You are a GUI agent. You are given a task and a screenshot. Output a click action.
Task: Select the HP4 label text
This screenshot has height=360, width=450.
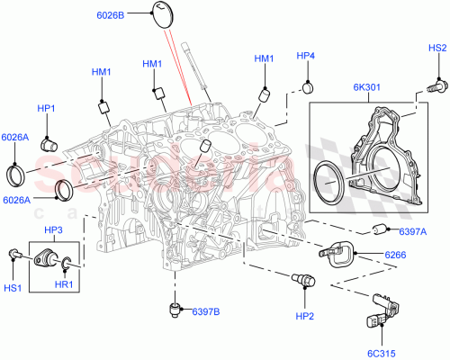pos(307,56)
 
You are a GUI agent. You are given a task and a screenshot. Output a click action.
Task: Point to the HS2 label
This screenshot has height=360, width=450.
pos(436,48)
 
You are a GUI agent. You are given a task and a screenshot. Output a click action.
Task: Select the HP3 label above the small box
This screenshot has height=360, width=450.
pos(54,229)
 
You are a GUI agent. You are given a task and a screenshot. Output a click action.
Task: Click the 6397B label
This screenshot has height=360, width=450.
pos(206,311)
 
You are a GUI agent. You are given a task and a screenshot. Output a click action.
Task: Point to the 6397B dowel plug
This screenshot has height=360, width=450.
pos(175,311)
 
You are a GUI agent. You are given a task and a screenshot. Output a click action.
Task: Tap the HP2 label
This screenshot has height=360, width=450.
pos(303,316)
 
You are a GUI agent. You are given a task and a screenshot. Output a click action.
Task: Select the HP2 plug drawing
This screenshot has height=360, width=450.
pos(302,283)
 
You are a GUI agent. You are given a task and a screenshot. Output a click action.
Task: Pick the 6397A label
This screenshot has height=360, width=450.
pos(412,231)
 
